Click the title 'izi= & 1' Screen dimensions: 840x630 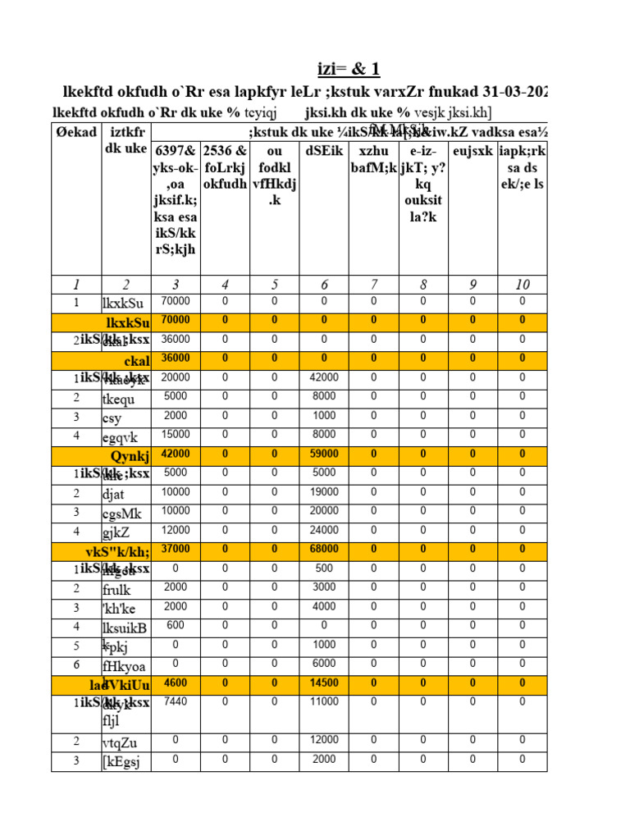pos(349,69)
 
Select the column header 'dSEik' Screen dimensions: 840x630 pos(324,152)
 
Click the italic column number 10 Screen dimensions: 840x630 pos(523,285)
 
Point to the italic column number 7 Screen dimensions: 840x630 pos(374,285)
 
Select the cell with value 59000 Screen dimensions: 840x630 pos(324,454)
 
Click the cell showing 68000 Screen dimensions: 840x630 pos(324,549)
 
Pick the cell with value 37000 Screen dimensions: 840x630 pos(176,549)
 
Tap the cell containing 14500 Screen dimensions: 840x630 pos(324,682)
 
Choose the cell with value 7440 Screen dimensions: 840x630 pos(176,702)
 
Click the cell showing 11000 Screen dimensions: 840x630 pos(324,702)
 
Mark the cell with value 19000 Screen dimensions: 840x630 pos(324,492)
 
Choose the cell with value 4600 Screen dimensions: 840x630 pos(176,682)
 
